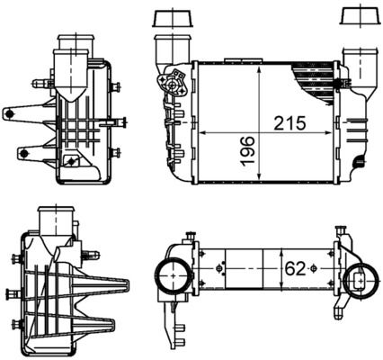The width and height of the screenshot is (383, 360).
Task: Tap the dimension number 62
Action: click(x=295, y=268)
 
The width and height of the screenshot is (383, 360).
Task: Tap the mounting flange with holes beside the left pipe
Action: click(x=174, y=86)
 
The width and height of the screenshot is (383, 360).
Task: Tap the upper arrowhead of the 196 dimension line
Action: click(x=258, y=69)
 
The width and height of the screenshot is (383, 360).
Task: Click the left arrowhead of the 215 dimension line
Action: click(x=200, y=133)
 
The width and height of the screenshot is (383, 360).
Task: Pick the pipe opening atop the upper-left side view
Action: click(x=72, y=43)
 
